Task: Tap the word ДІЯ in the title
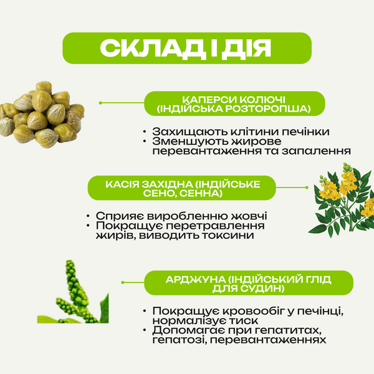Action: (246, 48)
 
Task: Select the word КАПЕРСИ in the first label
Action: (209, 100)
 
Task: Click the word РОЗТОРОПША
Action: (268, 109)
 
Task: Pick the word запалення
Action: (316, 151)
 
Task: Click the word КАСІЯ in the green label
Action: (122, 185)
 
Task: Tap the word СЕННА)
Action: (201, 193)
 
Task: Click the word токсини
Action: (228, 236)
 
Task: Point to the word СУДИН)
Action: (262, 289)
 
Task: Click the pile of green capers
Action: (42, 115)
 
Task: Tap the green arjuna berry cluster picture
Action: (73, 292)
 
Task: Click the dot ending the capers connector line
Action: (100, 103)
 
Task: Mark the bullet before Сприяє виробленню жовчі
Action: (88, 216)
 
